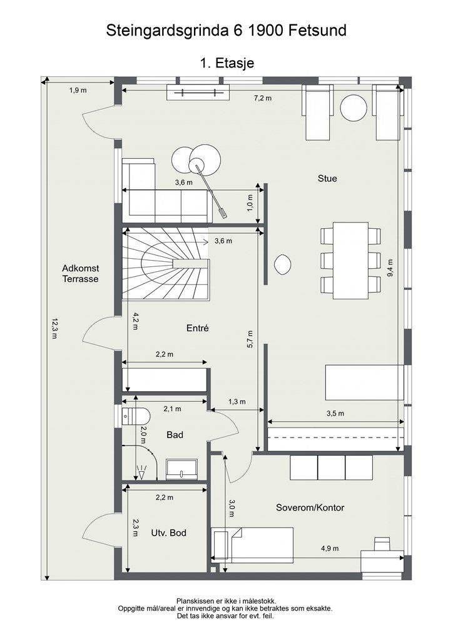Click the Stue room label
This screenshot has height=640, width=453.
coord(327,178)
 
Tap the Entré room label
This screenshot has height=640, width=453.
coord(197,327)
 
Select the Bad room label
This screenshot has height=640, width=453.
coord(175,435)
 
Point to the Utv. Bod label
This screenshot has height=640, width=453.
coord(169,532)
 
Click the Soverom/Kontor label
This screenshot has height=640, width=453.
coord(310,507)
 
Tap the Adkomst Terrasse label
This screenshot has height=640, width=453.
coord(81,274)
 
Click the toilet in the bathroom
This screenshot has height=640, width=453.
coord(136,416)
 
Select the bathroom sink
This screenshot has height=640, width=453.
coord(182,469)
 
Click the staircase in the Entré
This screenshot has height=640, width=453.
coord(166,264)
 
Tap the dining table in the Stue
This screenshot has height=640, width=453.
coord(350,261)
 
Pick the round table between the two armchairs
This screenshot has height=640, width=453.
coord(354,107)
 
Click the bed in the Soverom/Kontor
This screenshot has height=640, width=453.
coord(252,543)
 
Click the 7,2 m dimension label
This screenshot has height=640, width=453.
coord(263,98)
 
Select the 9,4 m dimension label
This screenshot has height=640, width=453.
coord(390,268)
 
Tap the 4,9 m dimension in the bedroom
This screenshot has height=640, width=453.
coord(330,548)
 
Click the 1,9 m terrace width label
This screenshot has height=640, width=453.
coord(78,90)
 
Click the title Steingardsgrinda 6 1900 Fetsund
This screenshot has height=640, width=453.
coord(227,31)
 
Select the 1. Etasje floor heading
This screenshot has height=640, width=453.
coord(227,63)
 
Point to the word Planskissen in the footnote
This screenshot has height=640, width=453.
coord(194,601)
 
